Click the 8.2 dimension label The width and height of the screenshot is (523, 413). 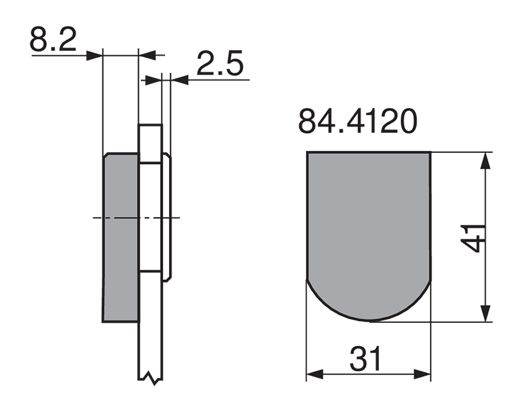click(53, 39)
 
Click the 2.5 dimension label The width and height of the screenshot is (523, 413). click(220, 63)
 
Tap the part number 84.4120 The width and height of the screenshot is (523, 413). click(358, 121)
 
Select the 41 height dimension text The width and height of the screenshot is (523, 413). click(472, 238)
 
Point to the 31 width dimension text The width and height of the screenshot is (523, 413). click(365, 359)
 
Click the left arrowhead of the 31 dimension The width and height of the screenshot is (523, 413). click(315, 375)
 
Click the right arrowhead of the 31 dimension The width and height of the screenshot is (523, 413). click(422, 375)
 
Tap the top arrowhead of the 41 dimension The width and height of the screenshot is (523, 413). click(487, 161)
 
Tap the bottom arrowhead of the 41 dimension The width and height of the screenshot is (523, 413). click(487, 313)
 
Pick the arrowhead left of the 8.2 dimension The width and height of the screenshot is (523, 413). click(94, 55)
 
